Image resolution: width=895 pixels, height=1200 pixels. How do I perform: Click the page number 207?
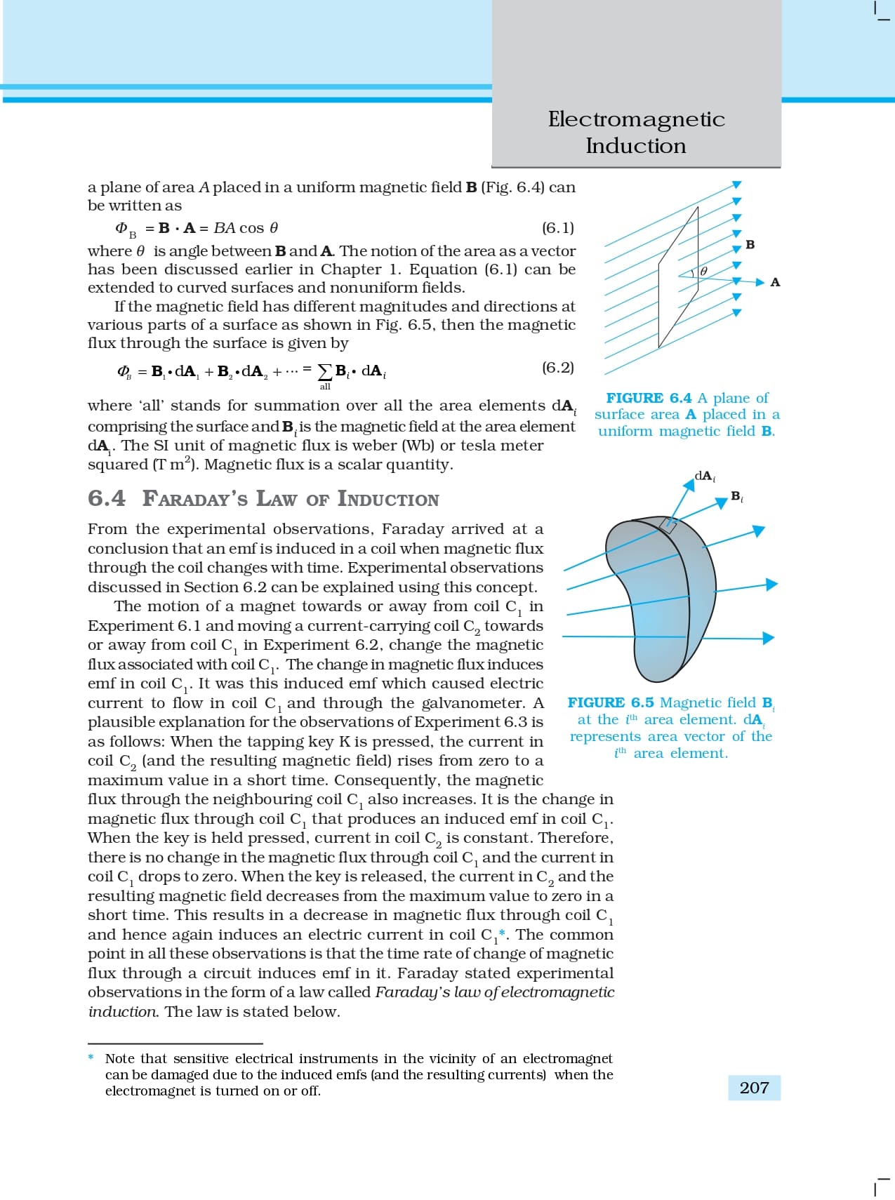(x=754, y=1088)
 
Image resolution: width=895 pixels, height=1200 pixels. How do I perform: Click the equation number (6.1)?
(x=558, y=228)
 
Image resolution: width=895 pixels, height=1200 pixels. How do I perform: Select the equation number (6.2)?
(x=558, y=368)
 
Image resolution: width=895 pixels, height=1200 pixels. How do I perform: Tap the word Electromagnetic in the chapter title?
(x=636, y=119)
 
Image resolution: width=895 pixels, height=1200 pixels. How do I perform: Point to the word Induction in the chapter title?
(x=636, y=146)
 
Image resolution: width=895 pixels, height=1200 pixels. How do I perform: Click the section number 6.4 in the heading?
(x=107, y=498)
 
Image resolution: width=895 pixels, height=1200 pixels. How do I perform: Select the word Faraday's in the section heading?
(x=195, y=499)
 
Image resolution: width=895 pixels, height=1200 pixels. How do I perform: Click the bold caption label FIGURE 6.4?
(x=649, y=398)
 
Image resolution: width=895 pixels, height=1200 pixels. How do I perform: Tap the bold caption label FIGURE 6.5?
(x=610, y=702)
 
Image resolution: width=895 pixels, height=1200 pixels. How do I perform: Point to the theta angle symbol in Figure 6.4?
(x=703, y=271)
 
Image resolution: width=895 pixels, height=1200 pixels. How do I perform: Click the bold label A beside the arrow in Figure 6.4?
(x=775, y=282)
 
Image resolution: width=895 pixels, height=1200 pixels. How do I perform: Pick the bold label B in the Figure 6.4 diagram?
(x=750, y=245)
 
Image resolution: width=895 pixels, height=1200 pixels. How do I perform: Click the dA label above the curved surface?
(x=704, y=476)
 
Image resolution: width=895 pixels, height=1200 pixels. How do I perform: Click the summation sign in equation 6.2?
(x=325, y=371)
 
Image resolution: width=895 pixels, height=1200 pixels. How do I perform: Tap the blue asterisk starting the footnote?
(x=91, y=1058)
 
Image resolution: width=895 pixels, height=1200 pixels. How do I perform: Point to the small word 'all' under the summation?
(x=325, y=387)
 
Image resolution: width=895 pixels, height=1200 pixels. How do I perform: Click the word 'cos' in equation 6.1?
(x=252, y=228)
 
